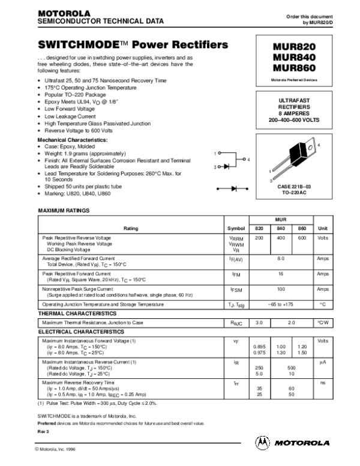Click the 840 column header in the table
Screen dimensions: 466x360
[x=280, y=228]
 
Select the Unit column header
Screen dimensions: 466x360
[x=322, y=228]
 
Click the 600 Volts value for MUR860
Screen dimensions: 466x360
[x=301, y=238]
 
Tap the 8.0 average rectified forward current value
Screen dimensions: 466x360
[x=280, y=258]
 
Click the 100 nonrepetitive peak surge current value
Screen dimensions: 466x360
[x=280, y=289]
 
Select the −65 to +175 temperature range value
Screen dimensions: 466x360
[x=280, y=305]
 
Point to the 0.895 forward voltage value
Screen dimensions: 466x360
[x=259, y=348]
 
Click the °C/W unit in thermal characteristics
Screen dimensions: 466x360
[x=322, y=322]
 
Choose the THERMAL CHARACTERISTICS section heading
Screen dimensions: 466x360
[x=77, y=313]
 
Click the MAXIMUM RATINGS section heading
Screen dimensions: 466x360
[x=64, y=211]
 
